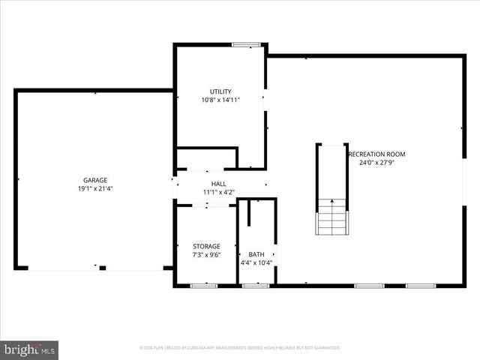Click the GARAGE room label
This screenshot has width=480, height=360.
coord(95,180)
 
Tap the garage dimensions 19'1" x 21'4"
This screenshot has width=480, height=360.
coord(95,189)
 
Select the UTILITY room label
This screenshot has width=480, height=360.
coord(220,91)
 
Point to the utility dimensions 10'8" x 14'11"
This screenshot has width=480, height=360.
coord(220,100)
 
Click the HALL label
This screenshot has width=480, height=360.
coord(218,184)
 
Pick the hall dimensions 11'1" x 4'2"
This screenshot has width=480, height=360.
coord(218,193)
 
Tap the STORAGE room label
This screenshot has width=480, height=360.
coord(206,246)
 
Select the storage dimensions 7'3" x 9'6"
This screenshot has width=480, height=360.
coord(206,255)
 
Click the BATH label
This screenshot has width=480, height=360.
coord(256,254)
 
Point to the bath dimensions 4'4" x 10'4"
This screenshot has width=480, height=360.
coord(256,263)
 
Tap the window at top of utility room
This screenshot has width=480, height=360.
coord(246,45)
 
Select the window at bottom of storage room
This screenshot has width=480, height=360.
coord(203,286)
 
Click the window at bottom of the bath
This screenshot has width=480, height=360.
coord(256,286)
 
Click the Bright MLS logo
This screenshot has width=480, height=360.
coord(29,349)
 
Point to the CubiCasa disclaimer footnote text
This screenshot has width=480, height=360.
coord(240,348)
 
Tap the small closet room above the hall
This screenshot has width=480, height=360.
coord(206,158)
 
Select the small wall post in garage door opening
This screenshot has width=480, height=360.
coord(103,268)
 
